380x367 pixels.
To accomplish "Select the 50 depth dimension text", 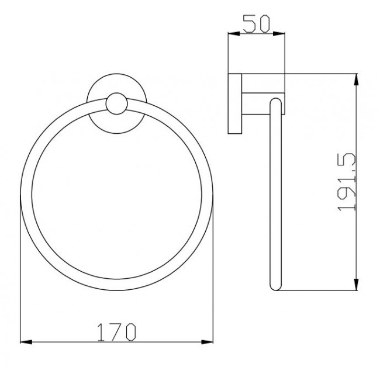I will pos(256,24).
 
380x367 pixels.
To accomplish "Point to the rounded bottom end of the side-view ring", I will pos(275,286).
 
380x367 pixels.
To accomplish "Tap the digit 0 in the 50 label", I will pos(262,24).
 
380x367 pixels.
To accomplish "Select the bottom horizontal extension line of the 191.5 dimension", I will pos(322,290).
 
